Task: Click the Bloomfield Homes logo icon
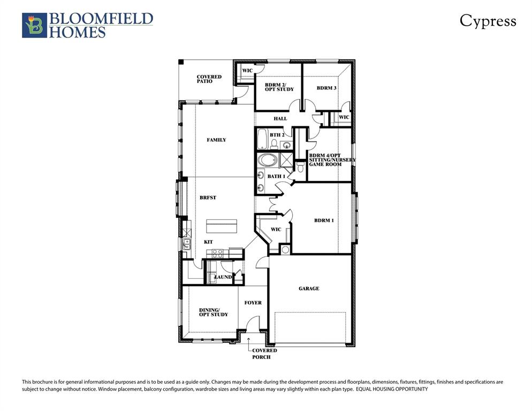(34, 25)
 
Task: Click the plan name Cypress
(488, 21)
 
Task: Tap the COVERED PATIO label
(209, 79)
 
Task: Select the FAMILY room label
(216, 140)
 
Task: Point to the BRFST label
(208, 197)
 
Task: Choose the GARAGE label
(309, 288)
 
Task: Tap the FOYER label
(253, 303)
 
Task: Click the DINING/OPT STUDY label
(214, 311)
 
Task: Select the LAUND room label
(223, 277)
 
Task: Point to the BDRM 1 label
(324, 220)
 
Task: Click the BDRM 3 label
(326, 88)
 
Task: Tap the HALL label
(280, 119)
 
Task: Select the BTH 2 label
(277, 135)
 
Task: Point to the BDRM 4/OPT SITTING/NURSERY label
(332, 159)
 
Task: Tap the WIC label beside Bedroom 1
(276, 230)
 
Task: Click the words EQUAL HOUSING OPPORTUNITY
(392, 390)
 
